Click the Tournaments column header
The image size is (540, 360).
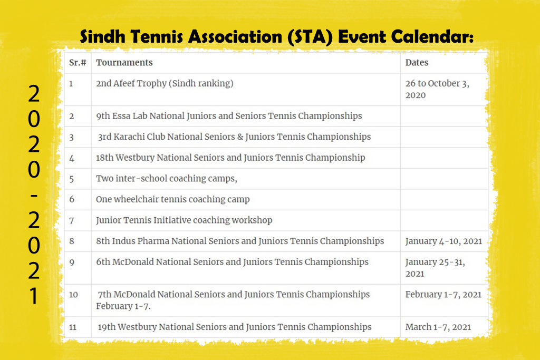124,63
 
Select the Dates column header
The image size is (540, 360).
417,63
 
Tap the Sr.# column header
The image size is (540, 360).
78,63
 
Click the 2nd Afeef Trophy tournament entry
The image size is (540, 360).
165,84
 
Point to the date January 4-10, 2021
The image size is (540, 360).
443,241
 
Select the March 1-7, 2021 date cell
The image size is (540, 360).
438,327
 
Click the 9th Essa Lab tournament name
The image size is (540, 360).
229,116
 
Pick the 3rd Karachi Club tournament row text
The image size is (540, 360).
234,137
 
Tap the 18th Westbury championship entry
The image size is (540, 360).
230,158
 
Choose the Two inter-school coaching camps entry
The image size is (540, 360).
166,179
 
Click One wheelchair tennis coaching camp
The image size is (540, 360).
173,200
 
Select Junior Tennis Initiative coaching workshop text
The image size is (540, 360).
184,220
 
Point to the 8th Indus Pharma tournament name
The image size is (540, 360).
240,241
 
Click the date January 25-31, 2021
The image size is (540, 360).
435,268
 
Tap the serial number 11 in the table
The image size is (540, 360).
73,327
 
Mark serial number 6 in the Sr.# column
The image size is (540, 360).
72,199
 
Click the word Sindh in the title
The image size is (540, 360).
102,36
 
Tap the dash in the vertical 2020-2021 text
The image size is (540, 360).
34,196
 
